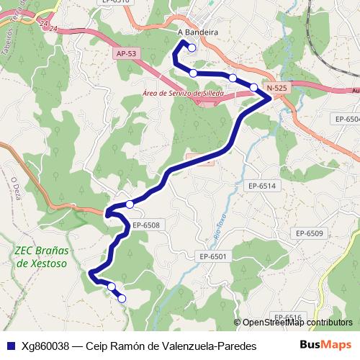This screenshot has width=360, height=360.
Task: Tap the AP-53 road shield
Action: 125,54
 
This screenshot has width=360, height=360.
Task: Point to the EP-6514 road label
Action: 262,186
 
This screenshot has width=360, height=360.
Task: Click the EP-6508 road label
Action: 145,225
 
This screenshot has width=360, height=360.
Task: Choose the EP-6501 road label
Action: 213,256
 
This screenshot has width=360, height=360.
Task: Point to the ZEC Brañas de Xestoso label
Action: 40,257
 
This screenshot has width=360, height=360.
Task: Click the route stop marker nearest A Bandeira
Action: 192,48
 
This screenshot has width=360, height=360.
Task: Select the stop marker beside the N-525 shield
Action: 253,87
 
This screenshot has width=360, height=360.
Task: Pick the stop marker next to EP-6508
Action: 130,204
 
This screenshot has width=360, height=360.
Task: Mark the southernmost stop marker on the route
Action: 122,298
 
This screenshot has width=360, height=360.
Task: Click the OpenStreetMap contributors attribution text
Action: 296,323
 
